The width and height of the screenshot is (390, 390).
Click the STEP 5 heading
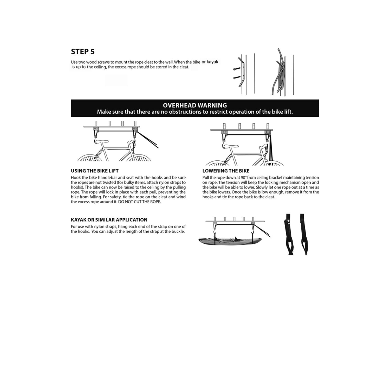coord(83,52)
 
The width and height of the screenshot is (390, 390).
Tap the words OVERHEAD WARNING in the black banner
coord(195,105)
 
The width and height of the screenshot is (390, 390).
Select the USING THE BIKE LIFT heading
coord(95,171)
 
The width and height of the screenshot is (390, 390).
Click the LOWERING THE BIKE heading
coord(226,171)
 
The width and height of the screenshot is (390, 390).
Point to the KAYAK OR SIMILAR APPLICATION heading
coord(109,220)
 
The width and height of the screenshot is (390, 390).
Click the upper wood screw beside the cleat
coord(237,69)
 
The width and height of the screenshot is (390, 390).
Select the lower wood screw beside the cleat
coord(236,77)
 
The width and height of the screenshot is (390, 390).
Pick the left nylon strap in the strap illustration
coord(289,234)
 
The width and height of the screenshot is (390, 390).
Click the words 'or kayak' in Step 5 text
coord(210,62)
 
